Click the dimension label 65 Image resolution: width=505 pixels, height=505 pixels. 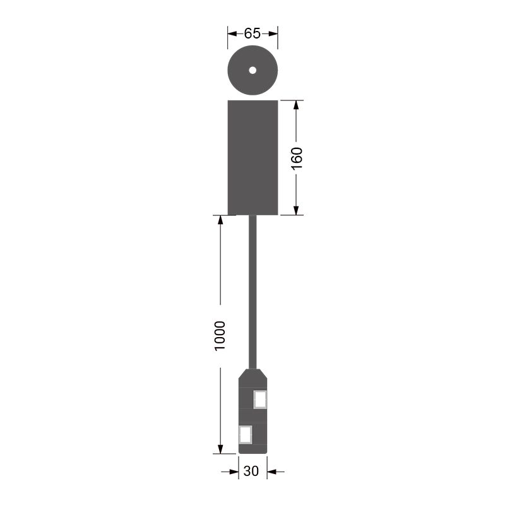[252, 33]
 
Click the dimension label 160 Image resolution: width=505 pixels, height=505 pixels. [297, 158]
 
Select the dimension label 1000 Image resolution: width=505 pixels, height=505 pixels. [220, 336]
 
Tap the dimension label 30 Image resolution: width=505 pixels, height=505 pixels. [251, 471]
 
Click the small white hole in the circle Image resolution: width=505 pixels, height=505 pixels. [252, 70]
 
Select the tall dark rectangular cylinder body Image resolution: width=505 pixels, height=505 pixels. [253, 157]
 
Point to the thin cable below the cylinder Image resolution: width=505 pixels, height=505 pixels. [253, 292]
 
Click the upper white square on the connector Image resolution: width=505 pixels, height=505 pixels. [260, 400]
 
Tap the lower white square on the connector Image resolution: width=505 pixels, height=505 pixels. [246, 434]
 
